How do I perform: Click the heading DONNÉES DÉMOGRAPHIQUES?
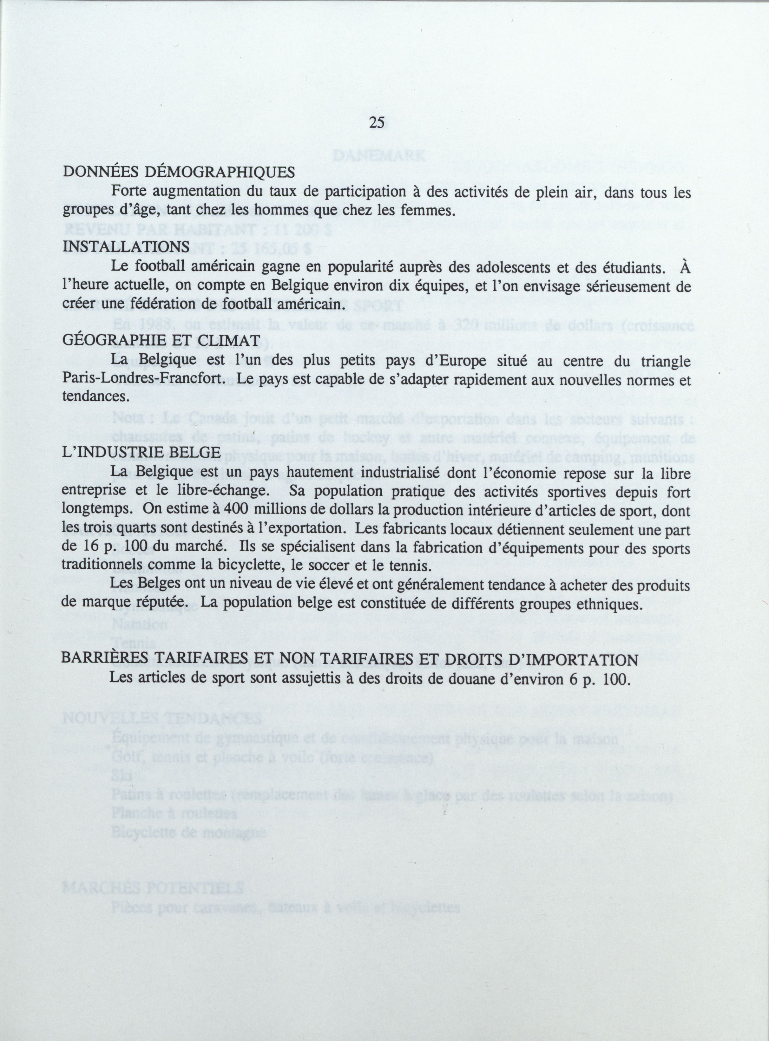[x=179, y=172]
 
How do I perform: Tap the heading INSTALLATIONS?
[x=126, y=247]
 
